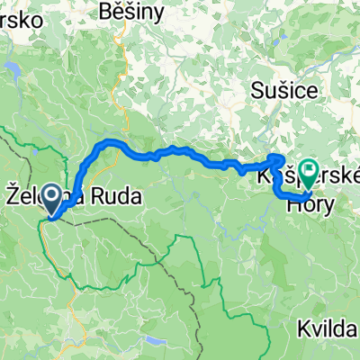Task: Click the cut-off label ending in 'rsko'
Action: click(18, 17)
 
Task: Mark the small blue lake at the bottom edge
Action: click(154, 342)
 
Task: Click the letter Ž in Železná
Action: click(13, 192)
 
